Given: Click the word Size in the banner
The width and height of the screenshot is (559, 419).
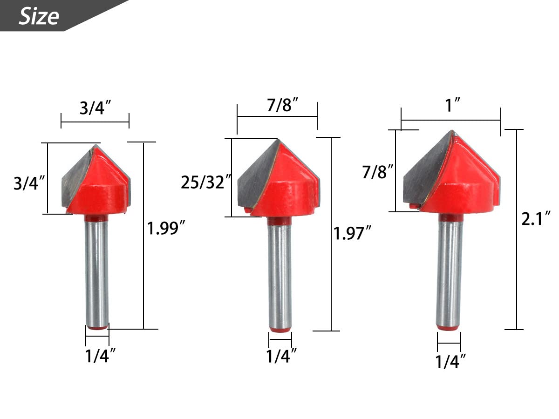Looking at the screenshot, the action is pyautogui.click(x=39, y=16).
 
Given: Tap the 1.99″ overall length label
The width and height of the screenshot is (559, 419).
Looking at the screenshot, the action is pyautogui.click(x=166, y=228).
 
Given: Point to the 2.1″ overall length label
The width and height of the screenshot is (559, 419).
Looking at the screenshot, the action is pyautogui.click(x=536, y=218).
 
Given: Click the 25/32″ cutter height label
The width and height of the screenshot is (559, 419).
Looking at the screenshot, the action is pyautogui.click(x=206, y=182).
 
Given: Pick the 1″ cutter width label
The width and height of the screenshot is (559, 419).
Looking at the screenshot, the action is pyautogui.click(x=452, y=105).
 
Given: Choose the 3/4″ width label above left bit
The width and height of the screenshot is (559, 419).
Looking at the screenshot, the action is pyautogui.click(x=95, y=108).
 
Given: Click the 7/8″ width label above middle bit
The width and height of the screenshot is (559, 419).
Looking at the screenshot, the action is pyautogui.click(x=282, y=104).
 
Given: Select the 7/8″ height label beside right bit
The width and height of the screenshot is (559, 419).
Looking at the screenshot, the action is pyautogui.click(x=378, y=171).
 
